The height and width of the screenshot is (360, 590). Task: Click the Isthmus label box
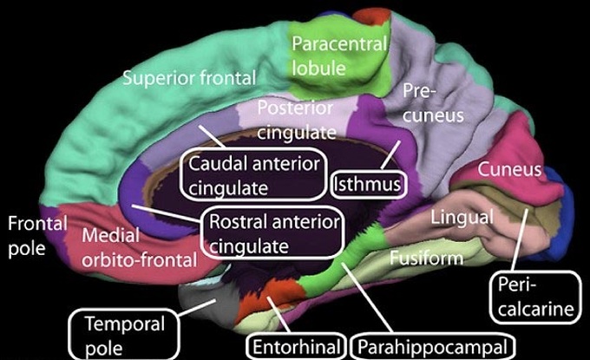369,184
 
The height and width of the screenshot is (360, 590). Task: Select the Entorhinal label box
296,346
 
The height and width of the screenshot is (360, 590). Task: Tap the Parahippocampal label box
432,346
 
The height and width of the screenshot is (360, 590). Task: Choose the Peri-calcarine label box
535,298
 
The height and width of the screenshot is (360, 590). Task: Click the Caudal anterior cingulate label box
253,174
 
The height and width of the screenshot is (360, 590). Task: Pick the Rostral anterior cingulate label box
272,232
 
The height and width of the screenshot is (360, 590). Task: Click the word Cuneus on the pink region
509,170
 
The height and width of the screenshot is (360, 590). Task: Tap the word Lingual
462,218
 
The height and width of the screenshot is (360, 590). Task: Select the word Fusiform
426,258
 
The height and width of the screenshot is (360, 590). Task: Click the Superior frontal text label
189,78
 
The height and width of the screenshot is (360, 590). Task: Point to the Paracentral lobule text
339,56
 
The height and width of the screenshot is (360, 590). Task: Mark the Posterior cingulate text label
297,120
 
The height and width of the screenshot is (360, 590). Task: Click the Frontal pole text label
37,236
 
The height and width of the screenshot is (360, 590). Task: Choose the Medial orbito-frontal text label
139,247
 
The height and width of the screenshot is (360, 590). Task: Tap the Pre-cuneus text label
433,103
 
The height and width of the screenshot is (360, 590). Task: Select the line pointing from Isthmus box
390,154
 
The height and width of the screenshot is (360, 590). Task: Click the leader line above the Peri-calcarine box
520,239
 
